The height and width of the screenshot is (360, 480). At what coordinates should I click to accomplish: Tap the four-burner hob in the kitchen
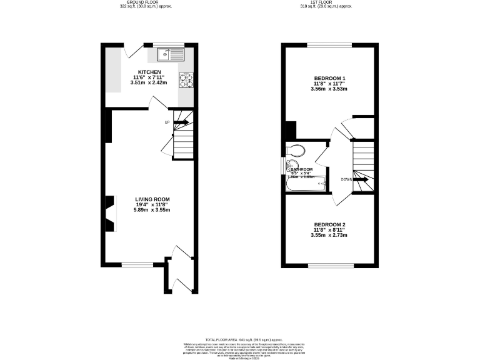[x=186, y=79]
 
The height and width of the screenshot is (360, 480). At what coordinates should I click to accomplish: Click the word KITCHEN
[x=149, y=72]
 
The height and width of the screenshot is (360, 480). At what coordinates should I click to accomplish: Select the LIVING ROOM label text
[x=152, y=199]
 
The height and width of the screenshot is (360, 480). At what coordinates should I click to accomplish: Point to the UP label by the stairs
[x=167, y=122]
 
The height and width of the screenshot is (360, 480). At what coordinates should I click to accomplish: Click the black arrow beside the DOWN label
[x=361, y=179]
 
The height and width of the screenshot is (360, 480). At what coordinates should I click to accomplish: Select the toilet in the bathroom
[x=295, y=150]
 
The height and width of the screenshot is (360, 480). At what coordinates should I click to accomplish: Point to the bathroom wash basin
[x=289, y=167]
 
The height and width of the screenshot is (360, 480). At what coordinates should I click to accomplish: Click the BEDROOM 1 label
[x=329, y=77]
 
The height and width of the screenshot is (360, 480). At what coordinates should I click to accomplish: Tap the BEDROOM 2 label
[x=329, y=224]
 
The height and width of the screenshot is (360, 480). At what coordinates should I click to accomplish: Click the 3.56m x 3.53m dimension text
[x=329, y=89]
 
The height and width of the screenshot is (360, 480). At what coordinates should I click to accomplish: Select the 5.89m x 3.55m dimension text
[x=152, y=210]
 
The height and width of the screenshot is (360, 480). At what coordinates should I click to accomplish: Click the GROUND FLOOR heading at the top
[x=146, y=2]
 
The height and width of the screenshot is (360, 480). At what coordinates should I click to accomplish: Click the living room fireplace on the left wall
[x=110, y=213]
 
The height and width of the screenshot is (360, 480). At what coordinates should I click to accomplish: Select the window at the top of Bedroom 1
[x=329, y=45]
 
